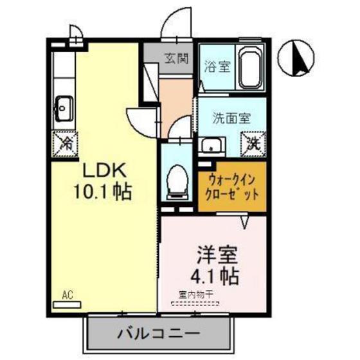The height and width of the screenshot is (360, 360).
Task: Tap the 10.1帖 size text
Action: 105,192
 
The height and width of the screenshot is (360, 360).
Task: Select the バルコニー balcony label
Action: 159,334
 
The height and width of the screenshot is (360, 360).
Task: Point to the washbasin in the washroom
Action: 210,145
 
